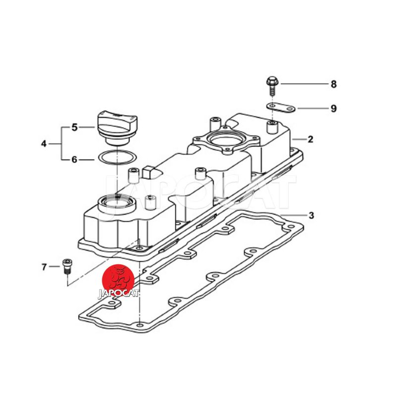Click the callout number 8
click(334, 84)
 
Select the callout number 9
click(334, 108)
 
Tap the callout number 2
click(310, 139)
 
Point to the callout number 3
click(311, 215)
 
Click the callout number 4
click(44, 144)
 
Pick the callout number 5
click(74, 127)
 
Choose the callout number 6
click(74, 159)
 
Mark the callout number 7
click(44, 267)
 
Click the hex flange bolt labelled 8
click(272, 86)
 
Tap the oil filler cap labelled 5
click(117, 128)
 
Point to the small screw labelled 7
click(67, 266)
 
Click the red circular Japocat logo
click(118, 280)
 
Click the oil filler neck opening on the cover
click(117, 203)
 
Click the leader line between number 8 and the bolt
click(304, 84)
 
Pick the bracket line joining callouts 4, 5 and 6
click(61, 144)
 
